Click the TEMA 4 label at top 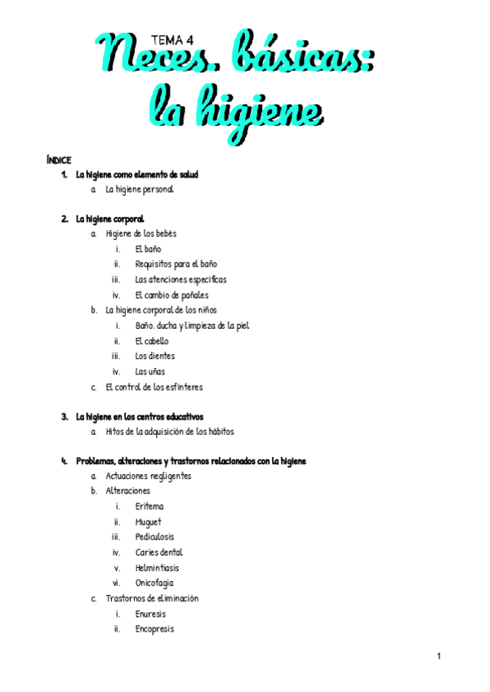172,38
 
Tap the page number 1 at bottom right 439,656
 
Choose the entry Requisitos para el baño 176,264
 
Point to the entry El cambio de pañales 171,295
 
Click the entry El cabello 152,341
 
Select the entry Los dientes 155,356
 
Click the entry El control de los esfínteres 154,387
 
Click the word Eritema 149,507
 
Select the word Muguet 149,522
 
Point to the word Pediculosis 154,537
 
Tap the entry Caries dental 159,552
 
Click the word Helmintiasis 158,568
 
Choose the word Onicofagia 154,583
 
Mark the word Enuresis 150,614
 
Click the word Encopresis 154,629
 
